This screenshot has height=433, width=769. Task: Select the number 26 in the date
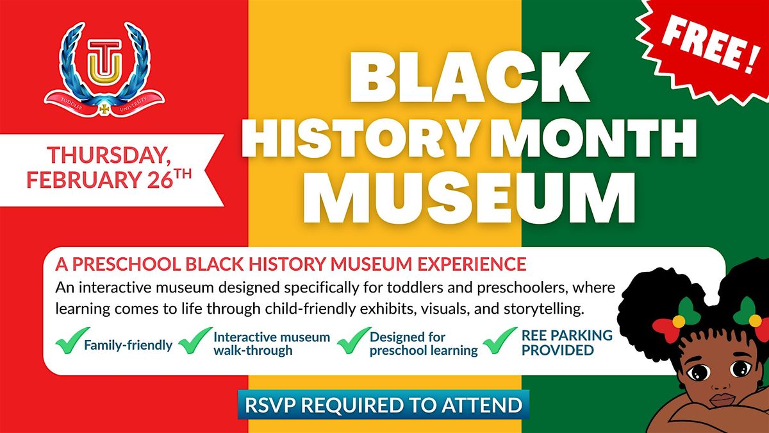click(x=160, y=179)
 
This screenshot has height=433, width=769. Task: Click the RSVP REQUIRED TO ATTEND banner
click(x=383, y=405)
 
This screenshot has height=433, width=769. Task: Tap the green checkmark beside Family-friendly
click(x=72, y=341)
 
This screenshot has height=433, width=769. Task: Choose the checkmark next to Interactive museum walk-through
click(x=195, y=341)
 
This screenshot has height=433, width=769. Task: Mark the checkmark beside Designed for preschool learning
click(x=354, y=341)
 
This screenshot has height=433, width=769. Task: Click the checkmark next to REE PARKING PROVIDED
click(x=499, y=341)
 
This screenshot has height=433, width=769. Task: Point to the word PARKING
click(x=579, y=335)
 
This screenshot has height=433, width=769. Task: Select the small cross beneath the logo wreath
click(x=104, y=109)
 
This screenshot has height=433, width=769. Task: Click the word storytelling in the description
click(x=543, y=309)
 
